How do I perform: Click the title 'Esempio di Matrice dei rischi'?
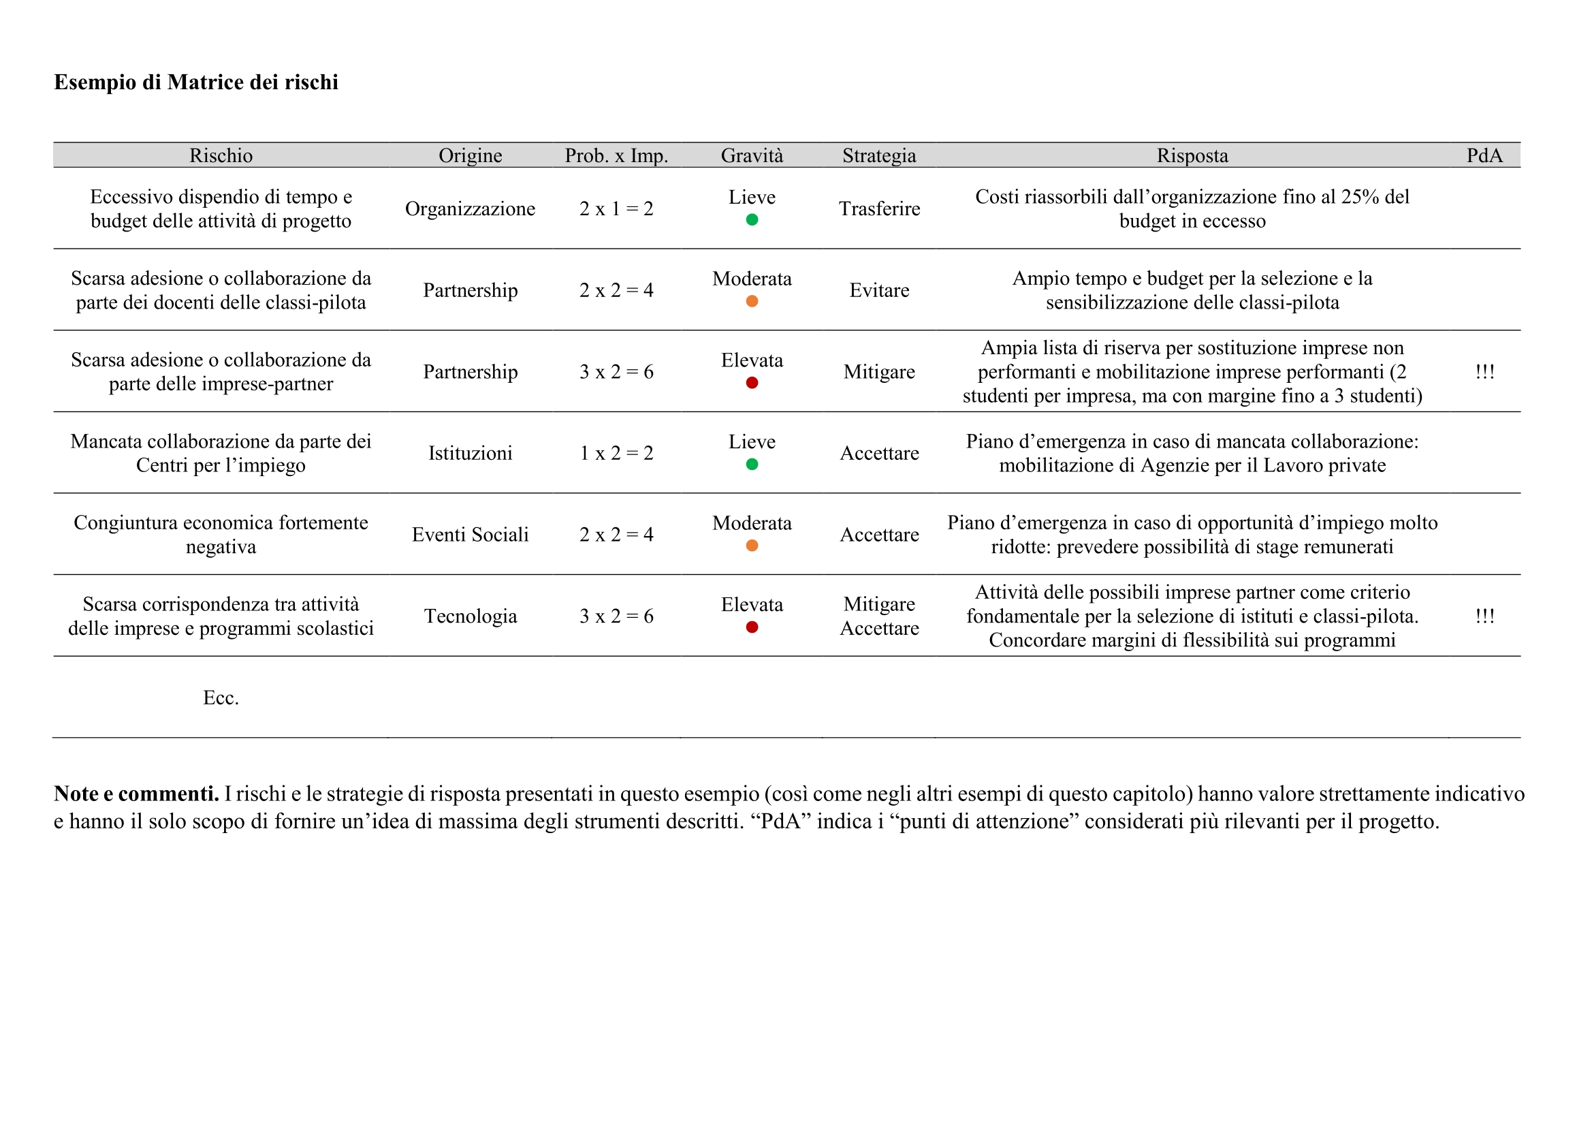(196, 82)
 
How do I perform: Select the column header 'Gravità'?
(752, 155)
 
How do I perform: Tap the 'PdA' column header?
(1484, 155)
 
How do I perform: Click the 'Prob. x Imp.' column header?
(616, 155)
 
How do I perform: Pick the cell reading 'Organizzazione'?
(470, 209)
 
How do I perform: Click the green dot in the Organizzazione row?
(752, 220)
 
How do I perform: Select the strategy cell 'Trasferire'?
(879, 209)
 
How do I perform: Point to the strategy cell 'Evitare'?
(879, 290)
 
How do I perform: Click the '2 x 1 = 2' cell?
(616, 209)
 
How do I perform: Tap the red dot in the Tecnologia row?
(752, 627)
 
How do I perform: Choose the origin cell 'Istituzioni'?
(470, 453)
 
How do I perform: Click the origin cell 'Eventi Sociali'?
(470, 534)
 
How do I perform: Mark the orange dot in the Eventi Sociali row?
(752, 546)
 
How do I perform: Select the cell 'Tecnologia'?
(470, 616)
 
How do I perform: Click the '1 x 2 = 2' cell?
(616, 453)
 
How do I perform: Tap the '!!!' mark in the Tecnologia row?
(1484, 616)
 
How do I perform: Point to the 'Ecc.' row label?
(221, 698)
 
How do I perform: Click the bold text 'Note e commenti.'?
(137, 794)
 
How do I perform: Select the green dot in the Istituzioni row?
(752, 464)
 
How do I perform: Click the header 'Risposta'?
(1192, 155)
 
